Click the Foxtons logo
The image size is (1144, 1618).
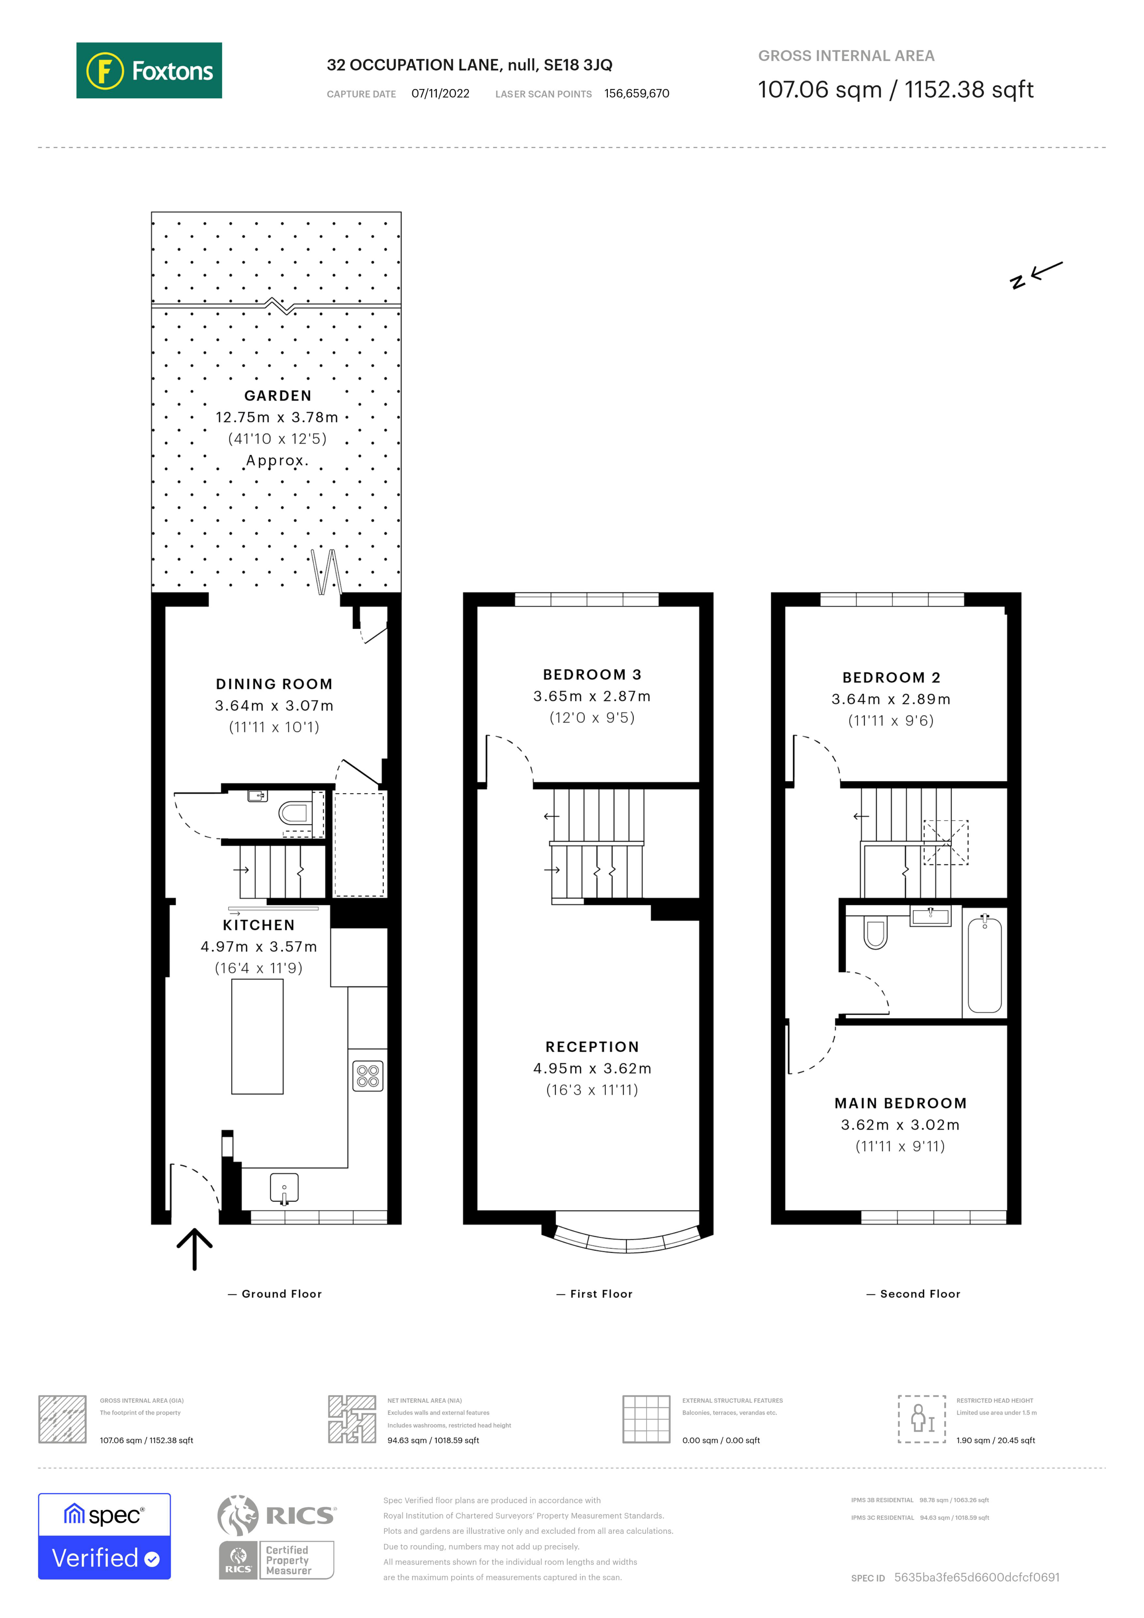(x=149, y=70)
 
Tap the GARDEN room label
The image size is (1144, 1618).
(x=278, y=396)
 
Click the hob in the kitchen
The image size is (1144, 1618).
(x=368, y=1076)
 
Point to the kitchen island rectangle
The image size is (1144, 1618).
(x=257, y=1036)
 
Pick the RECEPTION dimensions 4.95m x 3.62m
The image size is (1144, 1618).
(x=592, y=1068)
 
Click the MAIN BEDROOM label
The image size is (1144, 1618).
(x=900, y=1104)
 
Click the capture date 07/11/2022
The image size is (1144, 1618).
(x=440, y=94)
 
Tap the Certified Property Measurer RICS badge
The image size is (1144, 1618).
(x=276, y=1560)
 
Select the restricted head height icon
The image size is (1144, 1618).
(x=921, y=1419)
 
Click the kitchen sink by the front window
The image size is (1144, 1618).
(x=284, y=1187)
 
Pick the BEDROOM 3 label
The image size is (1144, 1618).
(x=592, y=675)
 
